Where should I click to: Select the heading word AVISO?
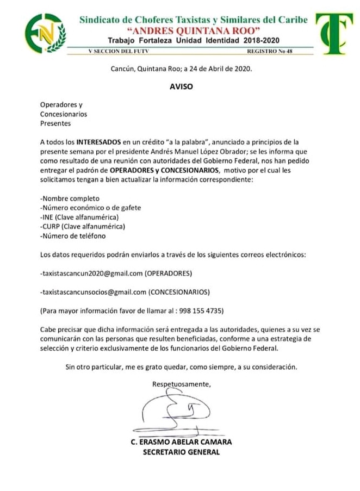tap(181, 86)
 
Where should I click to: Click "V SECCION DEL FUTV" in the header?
tap(111, 51)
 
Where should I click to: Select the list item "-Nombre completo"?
tap(70, 198)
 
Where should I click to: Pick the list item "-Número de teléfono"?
tap(73, 236)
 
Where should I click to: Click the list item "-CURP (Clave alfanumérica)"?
tap(83, 227)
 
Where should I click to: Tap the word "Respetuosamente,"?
tap(181, 384)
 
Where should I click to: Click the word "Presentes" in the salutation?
tap(55, 123)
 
